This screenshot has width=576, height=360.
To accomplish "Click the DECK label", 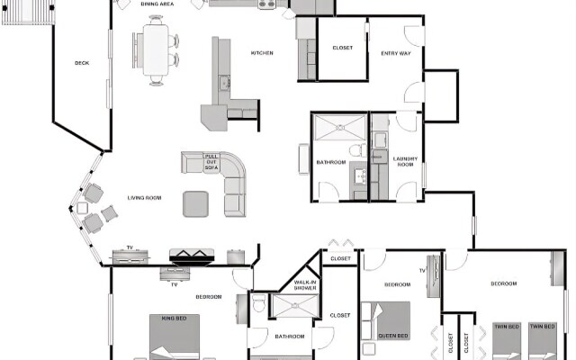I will point(82,63).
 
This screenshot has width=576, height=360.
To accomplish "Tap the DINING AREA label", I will point(157,4).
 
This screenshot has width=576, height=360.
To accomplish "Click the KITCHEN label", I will point(262,53).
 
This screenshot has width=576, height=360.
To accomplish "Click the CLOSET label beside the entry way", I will point(342,47).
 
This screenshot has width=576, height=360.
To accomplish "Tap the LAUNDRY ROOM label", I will point(404,162).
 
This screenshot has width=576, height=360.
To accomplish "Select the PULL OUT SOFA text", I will point(211,162).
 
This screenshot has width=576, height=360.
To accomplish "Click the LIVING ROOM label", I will point(143,197).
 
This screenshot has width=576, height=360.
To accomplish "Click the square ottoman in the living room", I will point(196,203).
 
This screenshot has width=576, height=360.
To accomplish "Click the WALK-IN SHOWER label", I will point(304,286).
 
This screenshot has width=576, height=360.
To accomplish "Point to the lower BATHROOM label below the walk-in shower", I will point(290,336).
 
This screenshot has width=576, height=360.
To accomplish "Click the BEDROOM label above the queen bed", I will point(398,284).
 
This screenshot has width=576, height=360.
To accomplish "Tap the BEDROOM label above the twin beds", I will point(503,284).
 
